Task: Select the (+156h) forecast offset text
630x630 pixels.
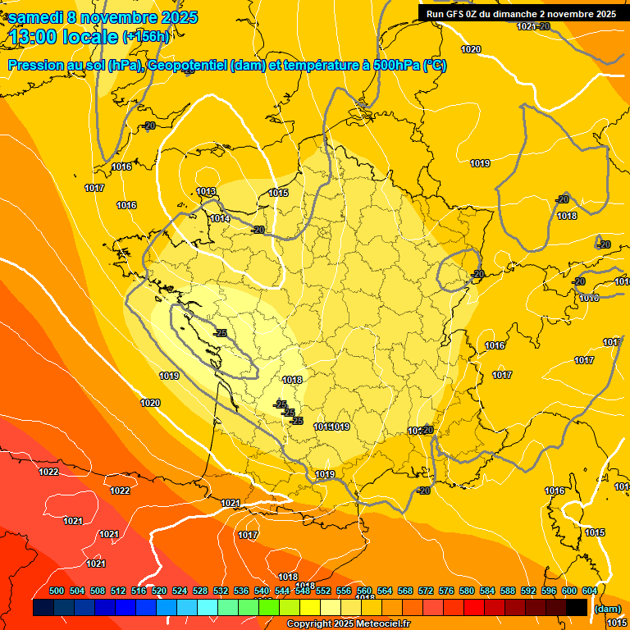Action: pos(146,37)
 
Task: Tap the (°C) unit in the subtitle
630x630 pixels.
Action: pos(435,66)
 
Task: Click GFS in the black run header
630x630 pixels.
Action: pos(455,14)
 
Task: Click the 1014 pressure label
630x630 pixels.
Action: pos(219,219)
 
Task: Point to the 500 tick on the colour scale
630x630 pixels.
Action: pos(57,591)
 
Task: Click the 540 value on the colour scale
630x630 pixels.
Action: pos(262,591)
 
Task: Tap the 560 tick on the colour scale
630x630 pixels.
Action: pos(364,591)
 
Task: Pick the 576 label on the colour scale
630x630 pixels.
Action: pos(446,591)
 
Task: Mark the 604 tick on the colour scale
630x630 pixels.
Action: pos(589,591)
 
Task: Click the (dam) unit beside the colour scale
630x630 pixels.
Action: pos(607,609)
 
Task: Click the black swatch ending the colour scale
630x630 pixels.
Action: pos(577,608)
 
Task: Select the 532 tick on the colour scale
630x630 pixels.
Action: pos(221,591)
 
